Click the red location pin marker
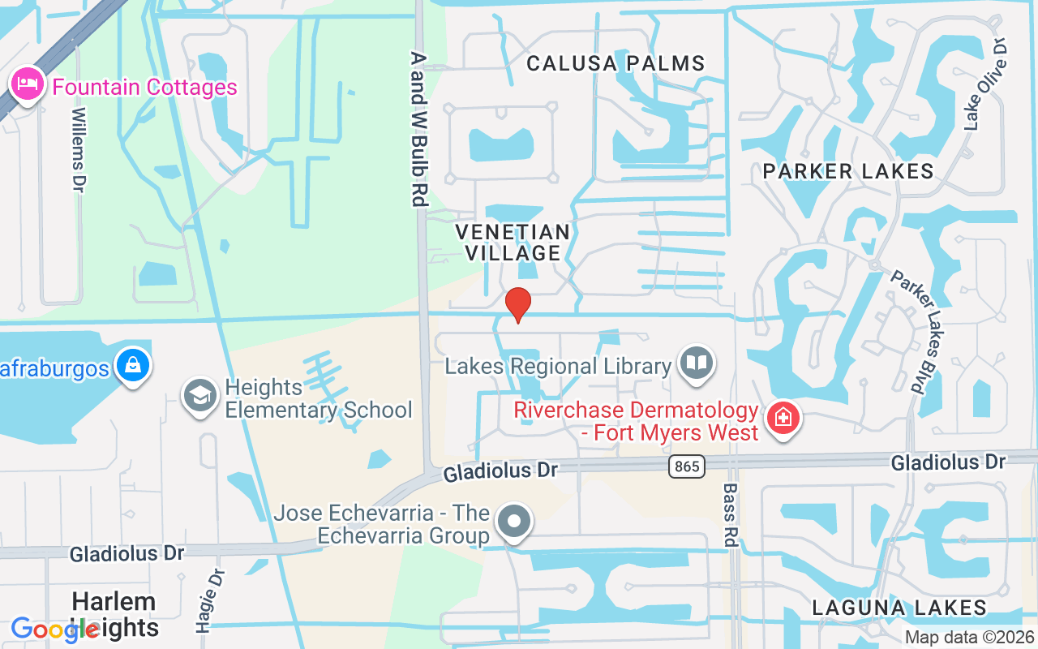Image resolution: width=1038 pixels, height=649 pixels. pyautogui.click(x=517, y=304)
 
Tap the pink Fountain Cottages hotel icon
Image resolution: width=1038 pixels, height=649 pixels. pyautogui.click(x=27, y=84)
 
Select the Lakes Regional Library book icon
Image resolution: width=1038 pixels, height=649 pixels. pyautogui.click(x=696, y=365)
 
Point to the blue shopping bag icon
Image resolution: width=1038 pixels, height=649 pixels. pyautogui.click(x=132, y=367)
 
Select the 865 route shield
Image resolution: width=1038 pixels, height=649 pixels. pyautogui.click(x=687, y=466)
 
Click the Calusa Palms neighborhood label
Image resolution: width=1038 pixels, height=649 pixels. pyautogui.click(x=616, y=63)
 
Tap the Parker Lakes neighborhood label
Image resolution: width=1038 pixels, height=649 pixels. pyautogui.click(x=848, y=171)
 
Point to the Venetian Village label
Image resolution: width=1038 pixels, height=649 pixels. pyautogui.click(x=513, y=242)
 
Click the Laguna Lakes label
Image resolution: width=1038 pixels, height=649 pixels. pyautogui.click(x=899, y=608)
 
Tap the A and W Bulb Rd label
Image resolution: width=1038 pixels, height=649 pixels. pyautogui.click(x=418, y=130)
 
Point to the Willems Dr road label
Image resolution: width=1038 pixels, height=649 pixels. pyautogui.click(x=79, y=149)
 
